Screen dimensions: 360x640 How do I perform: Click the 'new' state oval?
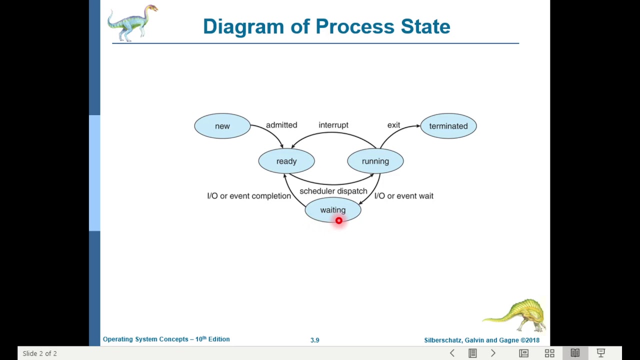pyautogui.click(x=222, y=126)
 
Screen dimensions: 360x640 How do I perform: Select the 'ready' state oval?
pyautogui.click(x=286, y=161)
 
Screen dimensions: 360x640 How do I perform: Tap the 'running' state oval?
pyautogui.click(x=375, y=161)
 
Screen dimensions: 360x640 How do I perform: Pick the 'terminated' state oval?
pyautogui.click(x=448, y=126)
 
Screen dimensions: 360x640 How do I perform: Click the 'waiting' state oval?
pyautogui.click(x=332, y=210)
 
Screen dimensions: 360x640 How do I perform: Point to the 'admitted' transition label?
pyautogui.click(x=281, y=125)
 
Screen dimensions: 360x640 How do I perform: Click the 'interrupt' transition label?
pyautogui.click(x=333, y=125)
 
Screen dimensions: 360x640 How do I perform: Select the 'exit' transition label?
pyautogui.click(x=393, y=125)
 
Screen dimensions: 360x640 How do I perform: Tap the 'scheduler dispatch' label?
pyautogui.click(x=333, y=191)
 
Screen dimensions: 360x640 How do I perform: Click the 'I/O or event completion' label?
pyautogui.click(x=249, y=196)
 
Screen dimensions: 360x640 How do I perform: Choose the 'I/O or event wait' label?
pyautogui.click(x=404, y=196)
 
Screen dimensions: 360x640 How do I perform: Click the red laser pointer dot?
pyautogui.click(x=339, y=220)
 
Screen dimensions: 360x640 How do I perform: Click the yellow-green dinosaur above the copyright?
pyautogui.click(x=515, y=314)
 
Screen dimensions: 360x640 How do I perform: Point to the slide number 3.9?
pyautogui.click(x=314, y=340)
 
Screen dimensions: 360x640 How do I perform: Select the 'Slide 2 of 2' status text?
pyautogui.click(x=39, y=353)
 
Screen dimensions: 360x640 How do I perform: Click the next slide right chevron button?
pyautogui.click(x=493, y=353)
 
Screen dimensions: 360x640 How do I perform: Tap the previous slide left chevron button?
pyautogui.click(x=452, y=353)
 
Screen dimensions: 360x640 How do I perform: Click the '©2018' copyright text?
pyautogui.click(x=530, y=340)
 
